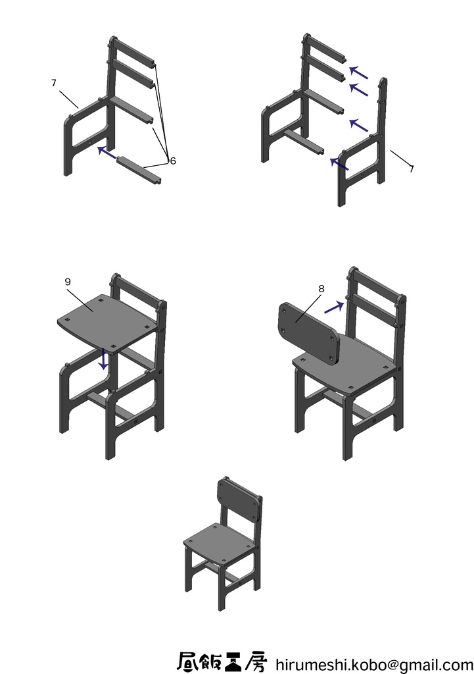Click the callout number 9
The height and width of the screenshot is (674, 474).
click(68, 282)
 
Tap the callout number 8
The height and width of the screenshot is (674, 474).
click(321, 288)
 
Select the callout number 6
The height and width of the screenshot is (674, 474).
click(173, 160)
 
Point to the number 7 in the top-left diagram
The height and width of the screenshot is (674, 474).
click(53, 83)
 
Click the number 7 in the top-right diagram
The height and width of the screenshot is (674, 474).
click(412, 169)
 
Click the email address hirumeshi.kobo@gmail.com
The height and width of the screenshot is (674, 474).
click(374, 663)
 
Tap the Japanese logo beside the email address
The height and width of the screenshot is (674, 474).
click(222, 661)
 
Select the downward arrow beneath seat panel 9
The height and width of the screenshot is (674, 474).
click(103, 359)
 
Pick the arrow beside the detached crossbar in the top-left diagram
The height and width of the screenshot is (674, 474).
click(106, 154)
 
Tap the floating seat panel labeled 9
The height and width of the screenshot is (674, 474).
click(108, 323)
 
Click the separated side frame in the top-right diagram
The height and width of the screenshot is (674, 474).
click(362, 158)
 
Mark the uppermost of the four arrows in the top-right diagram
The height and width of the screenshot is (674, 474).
click(358, 72)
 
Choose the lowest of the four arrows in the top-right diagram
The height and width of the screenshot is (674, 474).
click(339, 163)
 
